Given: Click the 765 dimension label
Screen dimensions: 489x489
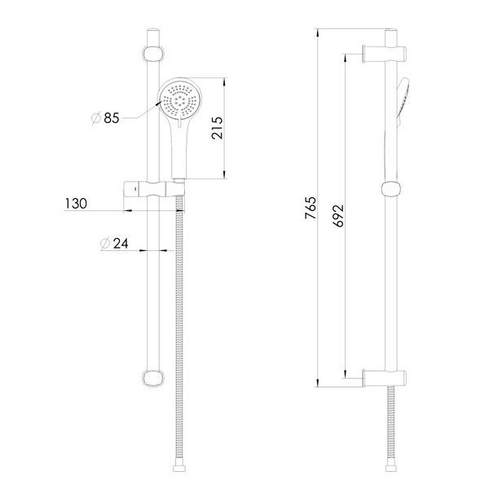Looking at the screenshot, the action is pos(311,208).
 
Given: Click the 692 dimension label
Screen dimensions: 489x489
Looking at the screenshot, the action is pos(338,215).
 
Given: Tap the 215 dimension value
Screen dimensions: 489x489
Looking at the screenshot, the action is pos(217,128).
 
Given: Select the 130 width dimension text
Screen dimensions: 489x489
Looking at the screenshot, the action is pos(76,204).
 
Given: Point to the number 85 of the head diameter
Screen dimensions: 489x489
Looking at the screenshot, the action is pos(112,118).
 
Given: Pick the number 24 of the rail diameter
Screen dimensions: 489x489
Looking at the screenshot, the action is pos(121,244).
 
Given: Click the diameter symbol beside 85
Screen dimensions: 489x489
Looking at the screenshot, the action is pos(96,118).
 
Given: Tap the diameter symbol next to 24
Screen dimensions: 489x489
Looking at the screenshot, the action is pos(105,244).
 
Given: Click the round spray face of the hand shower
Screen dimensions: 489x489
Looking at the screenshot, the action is pos(180,100).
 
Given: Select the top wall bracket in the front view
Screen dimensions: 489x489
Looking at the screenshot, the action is pos(153,55).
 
